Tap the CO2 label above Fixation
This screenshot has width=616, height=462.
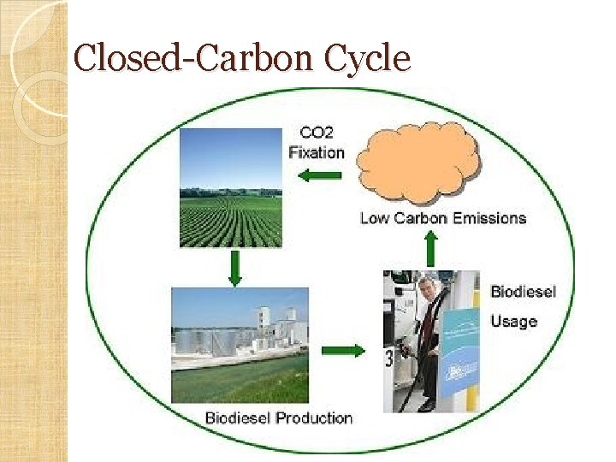(317, 133)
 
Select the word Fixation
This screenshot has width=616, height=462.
(317, 153)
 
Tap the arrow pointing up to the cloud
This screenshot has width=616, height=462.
(430, 249)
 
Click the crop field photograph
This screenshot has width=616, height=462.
(230, 187)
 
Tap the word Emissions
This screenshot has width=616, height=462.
(489, 218)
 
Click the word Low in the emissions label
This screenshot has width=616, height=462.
(374, 218)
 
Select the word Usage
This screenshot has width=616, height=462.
(513, 322)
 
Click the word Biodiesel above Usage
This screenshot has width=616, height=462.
(523, 292)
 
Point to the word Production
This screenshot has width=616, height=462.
(313, 418)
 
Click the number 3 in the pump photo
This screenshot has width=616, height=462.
(389, 358)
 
